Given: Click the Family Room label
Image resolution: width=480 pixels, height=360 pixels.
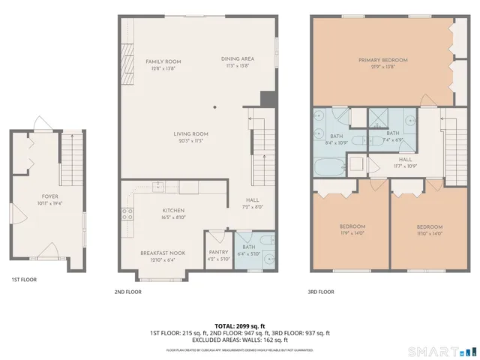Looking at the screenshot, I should click(x=163, y=61).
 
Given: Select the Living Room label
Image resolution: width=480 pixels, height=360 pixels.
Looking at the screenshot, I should click(x=193, y=134).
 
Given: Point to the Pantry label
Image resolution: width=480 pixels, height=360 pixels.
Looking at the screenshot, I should click(x=218, y=253).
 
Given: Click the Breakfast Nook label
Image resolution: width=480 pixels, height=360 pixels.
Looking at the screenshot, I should click(x=158, y=253).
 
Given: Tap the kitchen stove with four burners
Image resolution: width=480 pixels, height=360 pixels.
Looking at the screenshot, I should click(x=128, y=212).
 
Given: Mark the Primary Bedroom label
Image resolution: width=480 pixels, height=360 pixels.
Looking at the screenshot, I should click(x=382, y=60).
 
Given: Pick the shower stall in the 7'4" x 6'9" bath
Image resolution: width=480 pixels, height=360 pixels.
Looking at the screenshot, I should click(x=379, y=117).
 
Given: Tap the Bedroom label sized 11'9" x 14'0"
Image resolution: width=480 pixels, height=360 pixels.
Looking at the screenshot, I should click(x=352, y=226).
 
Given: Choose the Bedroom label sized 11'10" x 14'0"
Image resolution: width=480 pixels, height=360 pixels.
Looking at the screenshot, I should click(x=429, y=226).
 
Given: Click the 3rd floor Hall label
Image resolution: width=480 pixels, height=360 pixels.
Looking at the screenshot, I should click(x=406, y=159).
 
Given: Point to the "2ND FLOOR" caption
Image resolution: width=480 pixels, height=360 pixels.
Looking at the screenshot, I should click(x=127, y=292).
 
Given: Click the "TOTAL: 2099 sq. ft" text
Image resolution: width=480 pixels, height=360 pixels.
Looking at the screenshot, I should click(x=240, y=325).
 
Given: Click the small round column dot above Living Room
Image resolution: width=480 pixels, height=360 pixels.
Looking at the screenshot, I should click(x=214, y=107).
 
